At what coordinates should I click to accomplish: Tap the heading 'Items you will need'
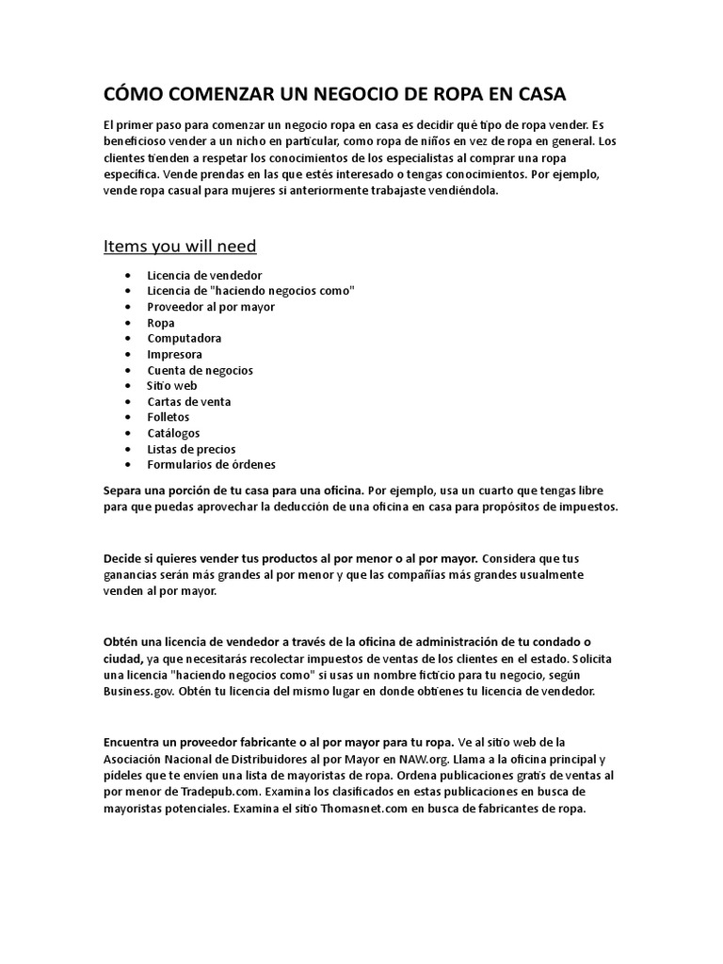pyautogui.click(x=180, y=246)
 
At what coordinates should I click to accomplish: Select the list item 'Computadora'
pyautogui.click(x=185, y=338)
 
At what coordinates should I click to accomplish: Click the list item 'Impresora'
pyautogui.click(x=174, y=354)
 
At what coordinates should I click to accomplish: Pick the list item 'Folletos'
pyautogui.click(x=169, y=417)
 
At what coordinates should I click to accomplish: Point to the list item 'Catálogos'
pyautogui.click(x=173, y=433)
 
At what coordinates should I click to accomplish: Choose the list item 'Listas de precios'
pyautogui.click(x=191, y=449)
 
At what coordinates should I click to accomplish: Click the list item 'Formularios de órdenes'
pyautogui.click(x=211, y=465)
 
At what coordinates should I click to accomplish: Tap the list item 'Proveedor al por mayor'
pyautogui.click(x=210, y=306)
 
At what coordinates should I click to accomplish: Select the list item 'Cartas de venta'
pyautogui.click(x=189, y=402)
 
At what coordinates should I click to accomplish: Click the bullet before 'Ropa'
pyautogui.click(x=127, y=323)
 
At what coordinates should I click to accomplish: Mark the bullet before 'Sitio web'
pyautogui.click(x=127, y=386)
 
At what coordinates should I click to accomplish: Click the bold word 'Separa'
pyautogui.click(x=123, y=490)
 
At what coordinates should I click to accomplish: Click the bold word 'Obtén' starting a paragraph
pyautogui.click(x=122, y=643)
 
